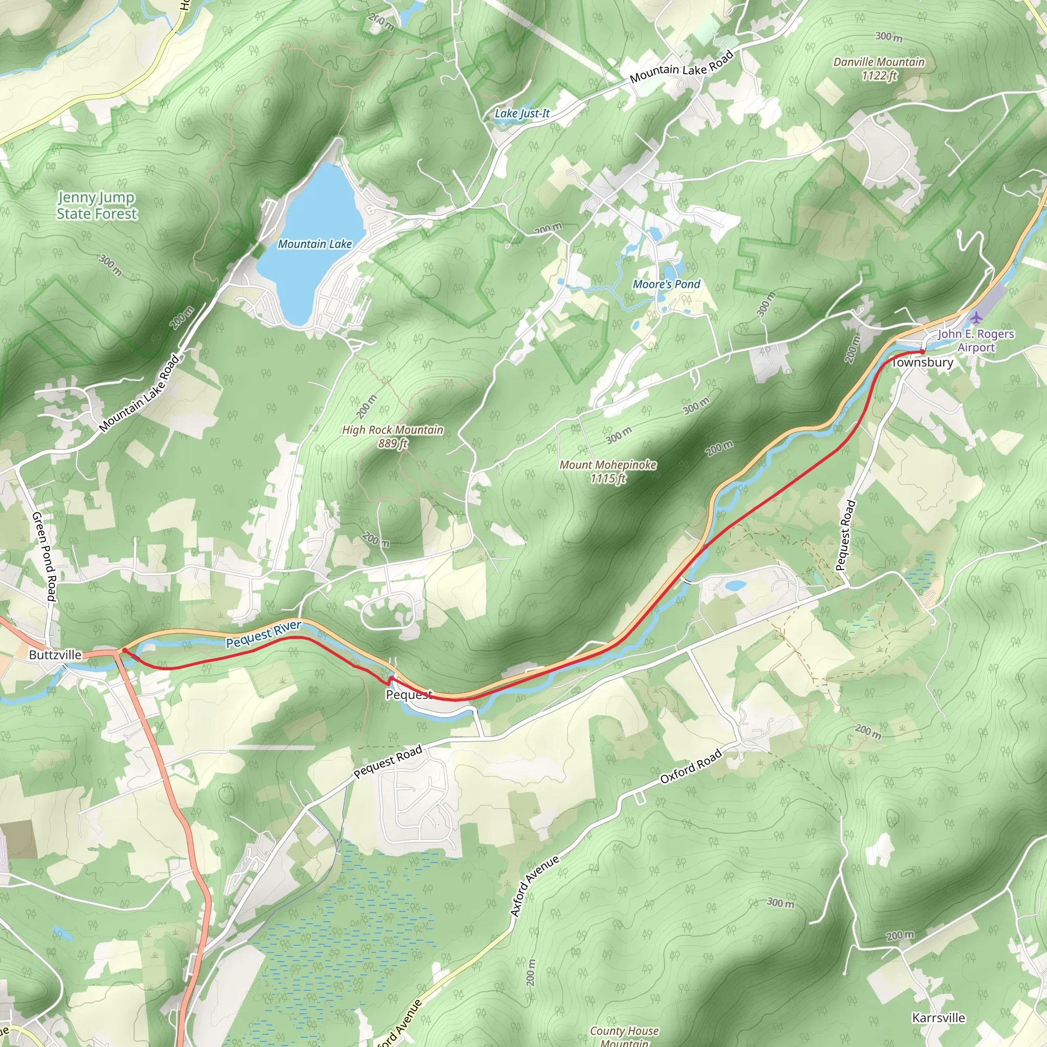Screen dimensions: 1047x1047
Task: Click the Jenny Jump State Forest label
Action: [x=97, y=206]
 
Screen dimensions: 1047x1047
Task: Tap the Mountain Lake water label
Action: [x=315, y=244]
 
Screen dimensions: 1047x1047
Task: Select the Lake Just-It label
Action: [x=522, y=113]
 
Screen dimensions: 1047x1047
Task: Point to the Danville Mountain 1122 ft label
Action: [x=879, y=69]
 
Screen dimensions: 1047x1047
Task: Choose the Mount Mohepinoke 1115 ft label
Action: [x=607, y=471]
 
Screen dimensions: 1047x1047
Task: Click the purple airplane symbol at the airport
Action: [x=976, y=317]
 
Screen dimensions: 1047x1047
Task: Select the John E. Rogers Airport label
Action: [x=976, y=340]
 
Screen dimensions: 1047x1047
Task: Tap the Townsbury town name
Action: [x=922, y=362]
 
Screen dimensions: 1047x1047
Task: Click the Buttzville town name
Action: [x=55, y=655]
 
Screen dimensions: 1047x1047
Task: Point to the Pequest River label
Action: [x=263, y=634]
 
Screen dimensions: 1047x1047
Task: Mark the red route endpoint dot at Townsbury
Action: [x=922, y=352]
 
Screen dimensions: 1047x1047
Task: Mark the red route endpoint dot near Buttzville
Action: [x=125, y=650]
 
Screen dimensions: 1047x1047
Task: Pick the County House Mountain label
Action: [x=624, y=1037]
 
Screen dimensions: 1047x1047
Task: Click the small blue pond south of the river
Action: [x=735, y=586]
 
